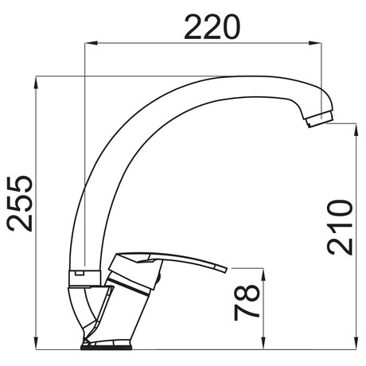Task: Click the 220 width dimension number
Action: pyautogui.click(x=212, y=27)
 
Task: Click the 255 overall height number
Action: pyautogui.click(x=20, y=204)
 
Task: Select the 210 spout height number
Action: pyautogui.click(x=340, y=228)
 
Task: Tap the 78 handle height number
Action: pyautogui.click(x=246, y=302)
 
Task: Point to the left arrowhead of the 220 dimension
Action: pyautogui.click(x=90, y=43)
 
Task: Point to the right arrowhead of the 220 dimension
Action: pyautogui.click(x=316, y=43)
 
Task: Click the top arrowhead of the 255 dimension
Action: pyautogui.click(x=36, y=82)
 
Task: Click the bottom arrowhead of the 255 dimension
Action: pyautogui.click(x=36, y=344)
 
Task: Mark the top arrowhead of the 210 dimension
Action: pyautogui.click(x=356, y=129)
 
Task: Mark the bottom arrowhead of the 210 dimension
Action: pyautogui.click(x=356, y=344)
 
